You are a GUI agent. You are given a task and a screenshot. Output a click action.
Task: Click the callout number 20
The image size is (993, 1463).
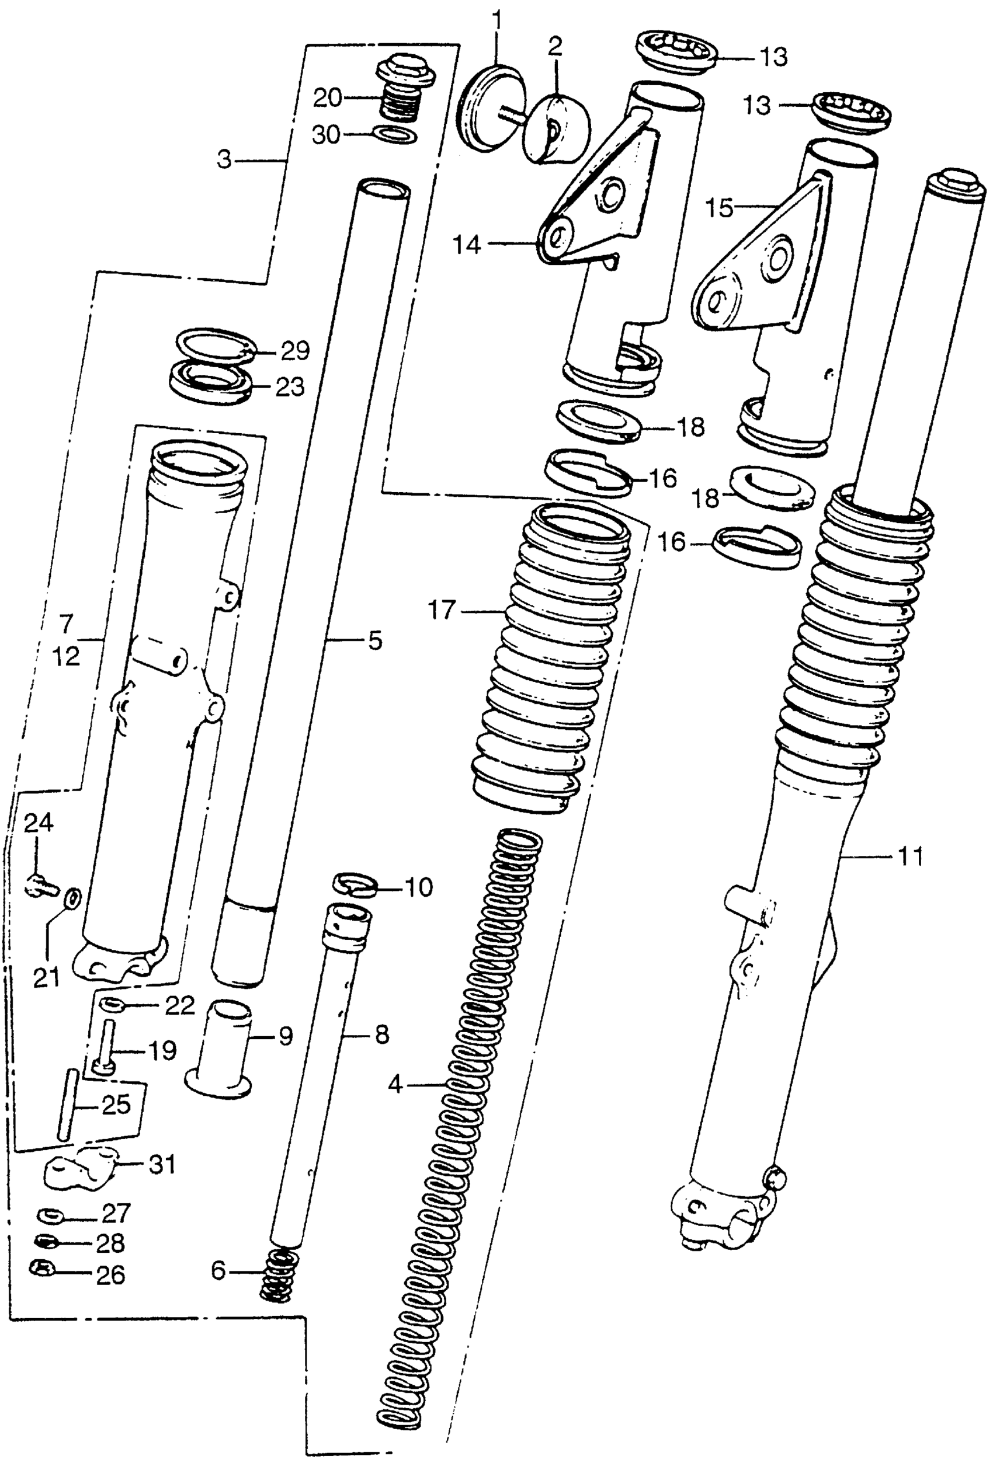point(328,97)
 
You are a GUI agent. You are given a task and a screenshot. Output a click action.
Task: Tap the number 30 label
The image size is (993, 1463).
point(326,135)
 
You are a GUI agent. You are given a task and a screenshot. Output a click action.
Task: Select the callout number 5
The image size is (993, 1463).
point(374,641)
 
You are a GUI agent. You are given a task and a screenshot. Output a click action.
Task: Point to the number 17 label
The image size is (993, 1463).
point(442,610)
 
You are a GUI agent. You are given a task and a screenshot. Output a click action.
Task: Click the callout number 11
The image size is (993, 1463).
point(910,856)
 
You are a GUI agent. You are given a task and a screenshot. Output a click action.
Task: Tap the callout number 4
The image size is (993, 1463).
point(395,1084)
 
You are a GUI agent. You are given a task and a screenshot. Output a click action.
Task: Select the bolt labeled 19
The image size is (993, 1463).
point(105,1046)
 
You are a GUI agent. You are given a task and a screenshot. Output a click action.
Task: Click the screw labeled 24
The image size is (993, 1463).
point(39,886)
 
